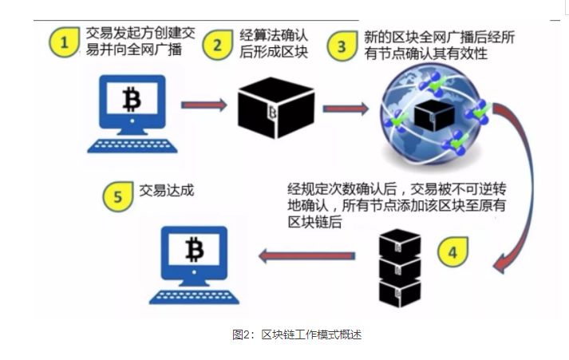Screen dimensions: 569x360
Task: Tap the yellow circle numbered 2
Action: pos(215,45)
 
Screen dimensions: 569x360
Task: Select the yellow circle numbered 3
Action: pos(342,46)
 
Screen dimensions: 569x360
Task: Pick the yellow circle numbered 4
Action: pos(452,252)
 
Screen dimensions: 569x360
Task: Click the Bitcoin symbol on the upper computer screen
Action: pos(132,100)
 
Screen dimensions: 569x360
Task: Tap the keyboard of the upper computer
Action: pos(130,145)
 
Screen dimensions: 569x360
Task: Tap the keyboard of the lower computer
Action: pos(192,295)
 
